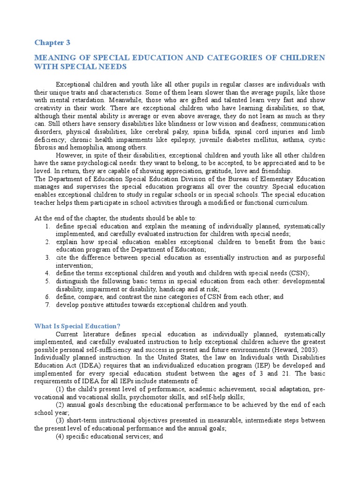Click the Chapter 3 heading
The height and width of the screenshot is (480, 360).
pyautogui.click(x=52, y=43)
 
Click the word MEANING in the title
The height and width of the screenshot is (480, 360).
pyautogui.click(x=53, y=58)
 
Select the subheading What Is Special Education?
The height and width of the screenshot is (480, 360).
pyautogui.click(x=77, y=326)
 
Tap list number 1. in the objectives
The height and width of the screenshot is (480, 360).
pyautogui.click(x=48, y=226)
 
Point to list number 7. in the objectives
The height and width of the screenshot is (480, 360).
pyautogui.click(x=48, y=305)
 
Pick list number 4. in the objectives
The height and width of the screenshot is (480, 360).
pyautogui.click(x=48, y=273)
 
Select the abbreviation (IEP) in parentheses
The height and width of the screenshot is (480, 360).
pyautogui.click(x=241, y=365)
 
